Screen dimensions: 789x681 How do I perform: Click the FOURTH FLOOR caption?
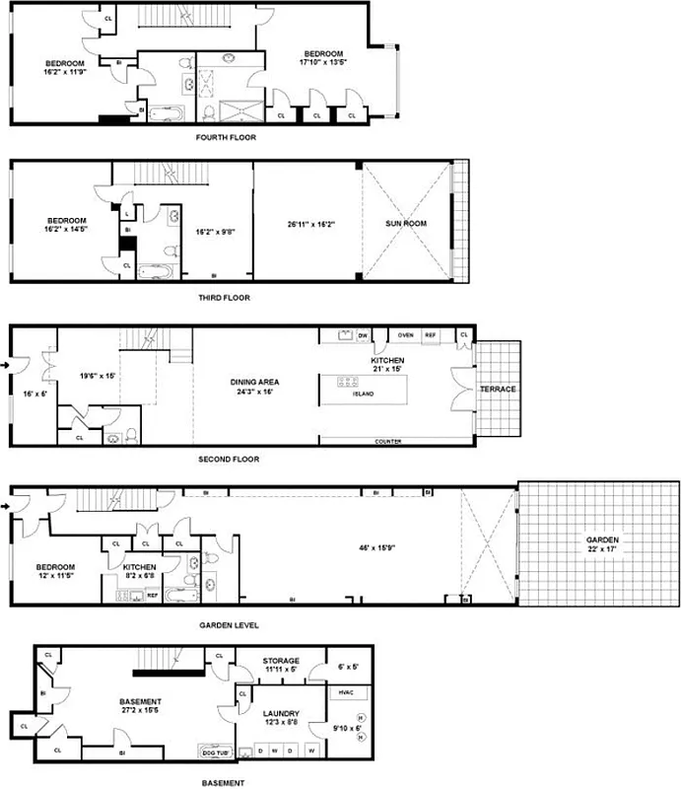(226, 137)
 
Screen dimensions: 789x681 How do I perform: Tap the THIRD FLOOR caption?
(225, 297)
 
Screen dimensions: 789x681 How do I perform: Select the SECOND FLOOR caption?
(228, 460)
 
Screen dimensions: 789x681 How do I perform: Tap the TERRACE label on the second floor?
(498, 389)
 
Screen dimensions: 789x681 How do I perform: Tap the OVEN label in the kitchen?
(405, 335)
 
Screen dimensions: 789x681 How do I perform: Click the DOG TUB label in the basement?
(215, 749)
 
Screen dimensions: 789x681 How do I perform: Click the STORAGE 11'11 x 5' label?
(281, 665)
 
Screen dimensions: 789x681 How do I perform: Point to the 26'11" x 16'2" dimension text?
(311, 224)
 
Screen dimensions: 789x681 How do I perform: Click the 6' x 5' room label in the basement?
(349, 667)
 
